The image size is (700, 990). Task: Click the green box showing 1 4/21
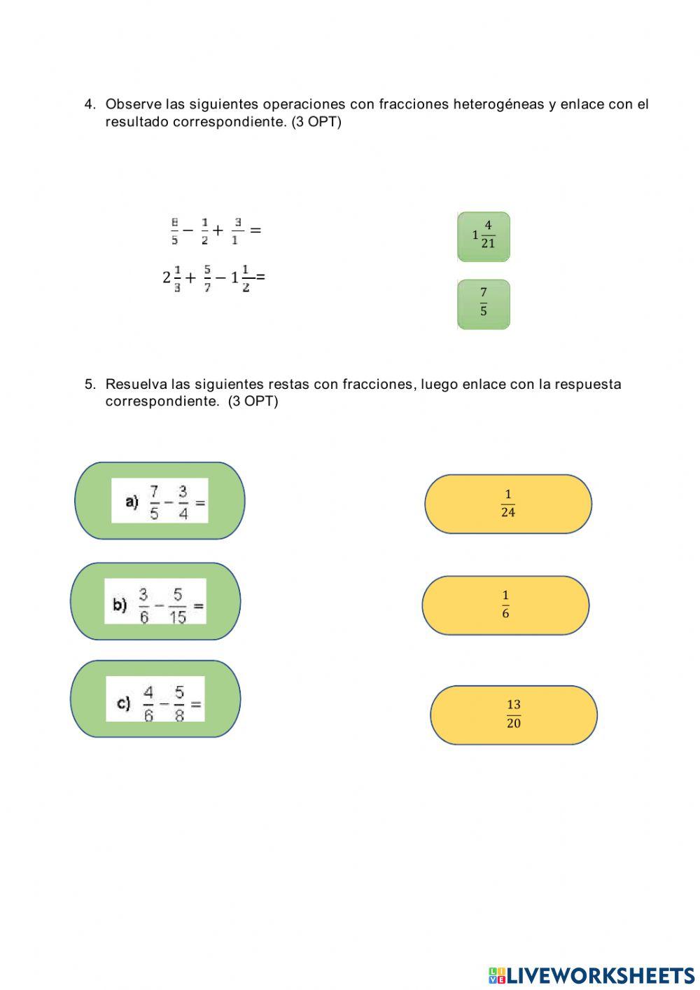484,237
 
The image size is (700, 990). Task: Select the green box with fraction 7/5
484,304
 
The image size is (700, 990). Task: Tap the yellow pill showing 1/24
508,504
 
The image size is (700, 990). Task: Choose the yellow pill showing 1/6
505,605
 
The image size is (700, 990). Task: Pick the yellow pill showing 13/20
513,715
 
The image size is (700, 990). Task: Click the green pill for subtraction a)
160,500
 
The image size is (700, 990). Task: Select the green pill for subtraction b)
155,601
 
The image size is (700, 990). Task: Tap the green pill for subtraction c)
155,699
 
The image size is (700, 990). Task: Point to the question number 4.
89,104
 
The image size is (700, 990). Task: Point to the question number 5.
89,384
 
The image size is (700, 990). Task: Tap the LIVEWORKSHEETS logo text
600,975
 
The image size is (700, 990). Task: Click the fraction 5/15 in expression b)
178,605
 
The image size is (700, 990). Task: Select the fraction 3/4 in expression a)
183,502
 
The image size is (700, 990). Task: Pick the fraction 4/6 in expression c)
148,703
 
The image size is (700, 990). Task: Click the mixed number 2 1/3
171,278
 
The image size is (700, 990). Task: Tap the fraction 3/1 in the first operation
237,231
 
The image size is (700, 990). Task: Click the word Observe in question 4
134,104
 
